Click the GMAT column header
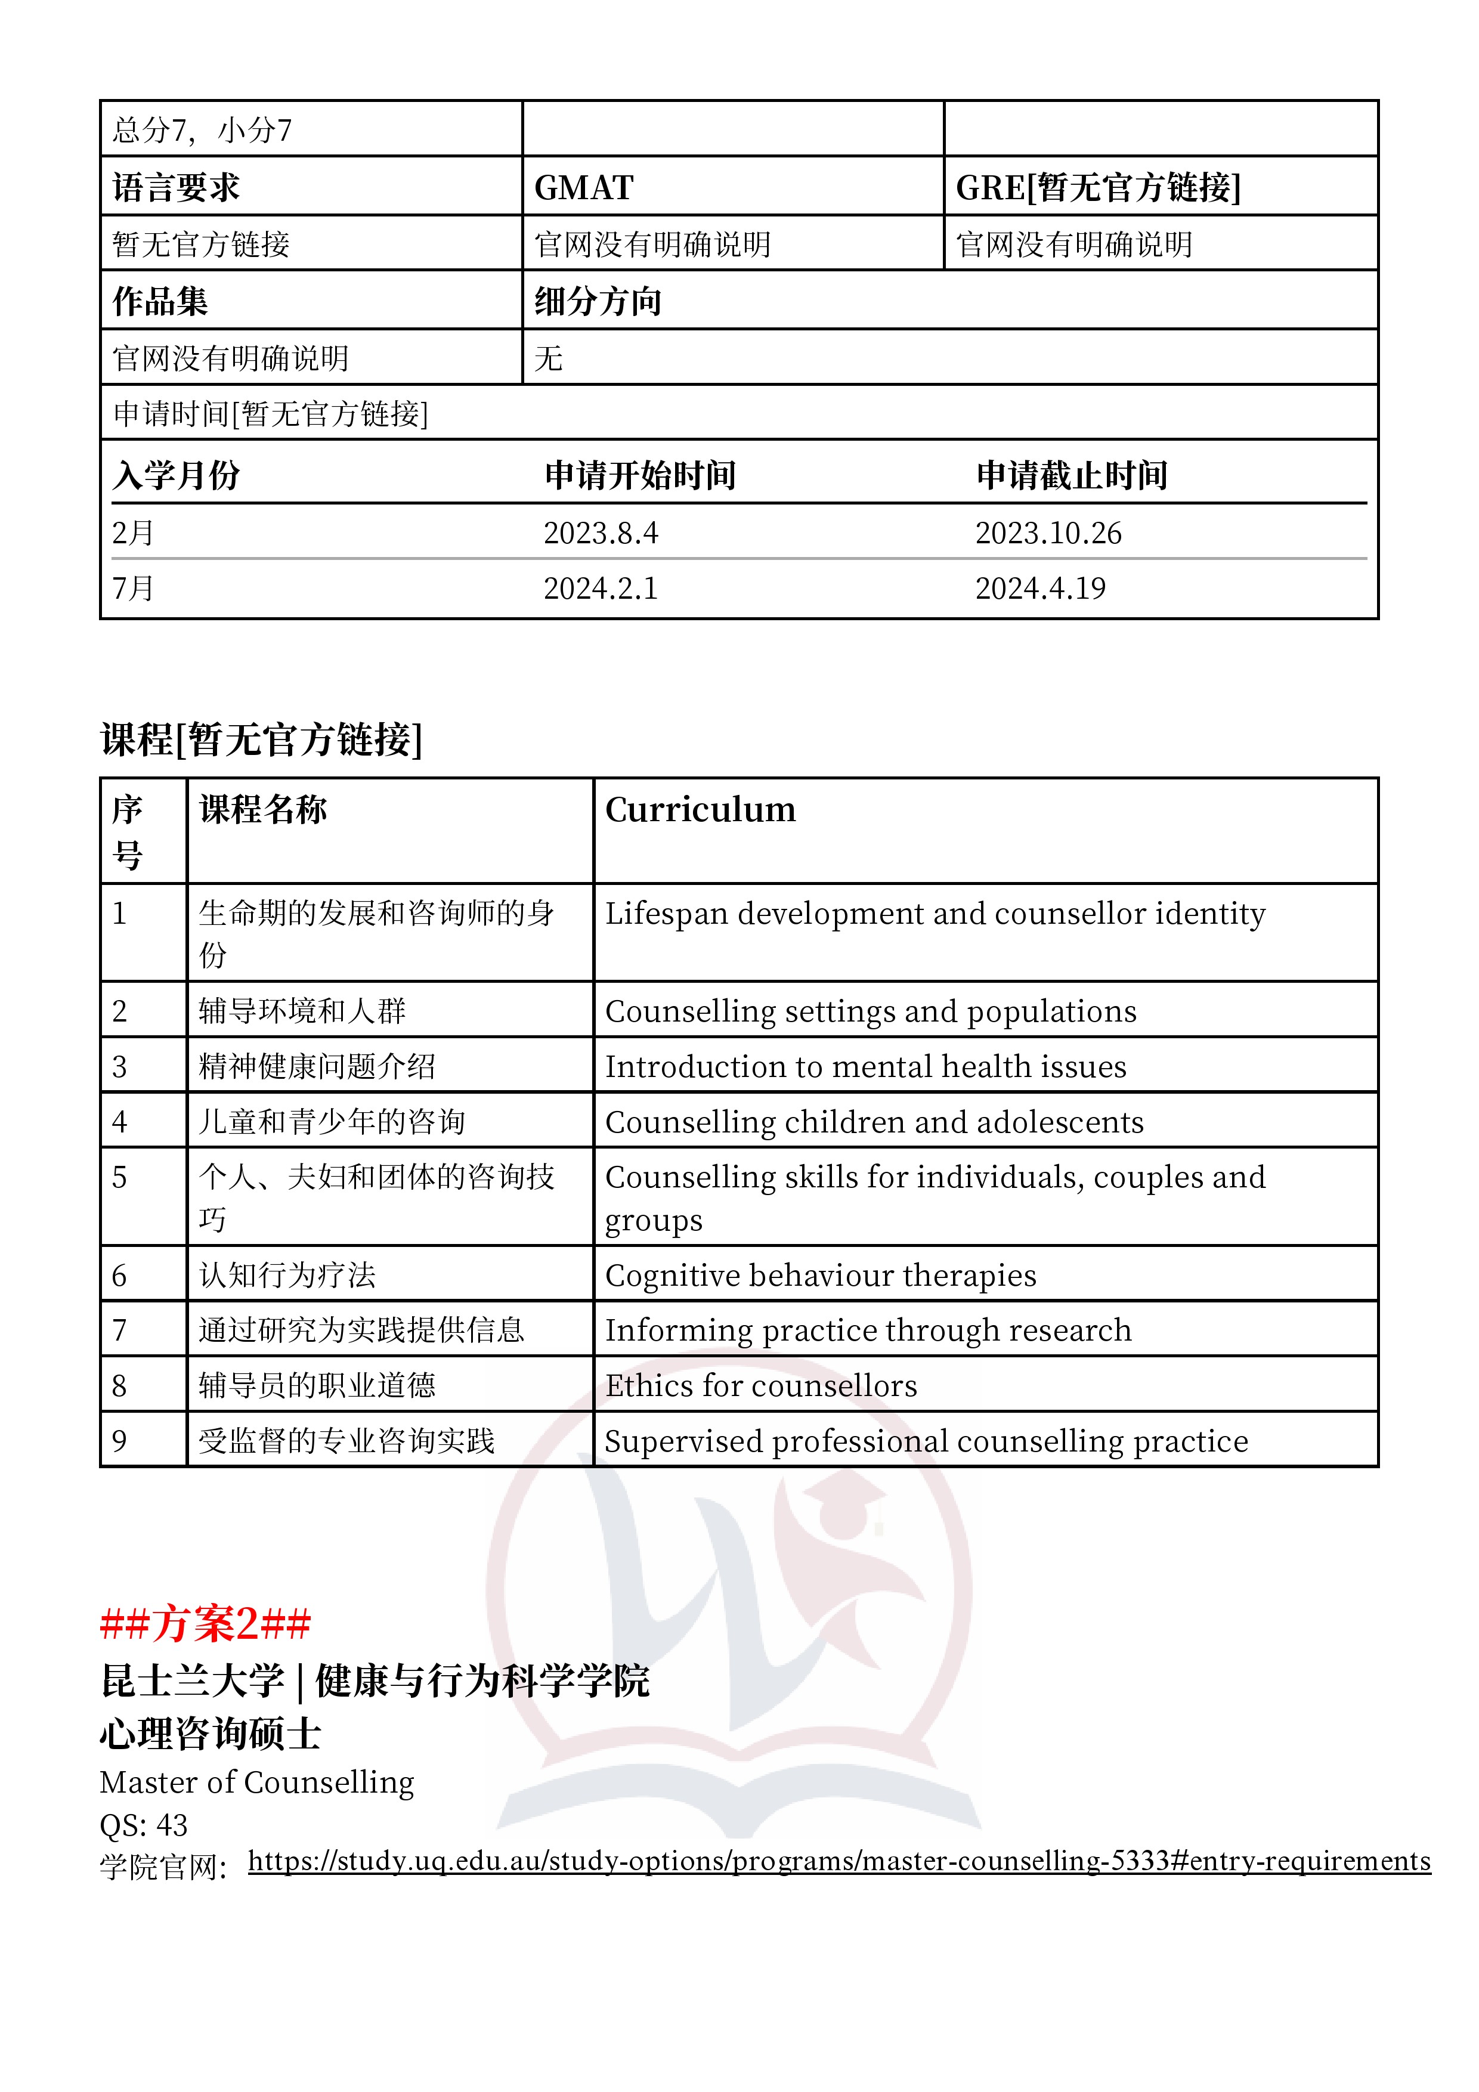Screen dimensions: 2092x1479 tap(583, 188)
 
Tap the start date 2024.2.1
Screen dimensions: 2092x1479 tap(601, 589)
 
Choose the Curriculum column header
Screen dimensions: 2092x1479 tap(700, 810)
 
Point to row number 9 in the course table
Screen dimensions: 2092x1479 tap(119, 1441)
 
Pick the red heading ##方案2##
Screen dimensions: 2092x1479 tap(205, 1623)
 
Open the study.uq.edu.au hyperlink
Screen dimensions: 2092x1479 tap(838, 1861)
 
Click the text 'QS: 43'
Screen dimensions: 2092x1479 tap(143, 1825)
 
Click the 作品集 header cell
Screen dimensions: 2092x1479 tap(160, 301)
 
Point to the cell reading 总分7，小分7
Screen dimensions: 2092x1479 tap(202, 130)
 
